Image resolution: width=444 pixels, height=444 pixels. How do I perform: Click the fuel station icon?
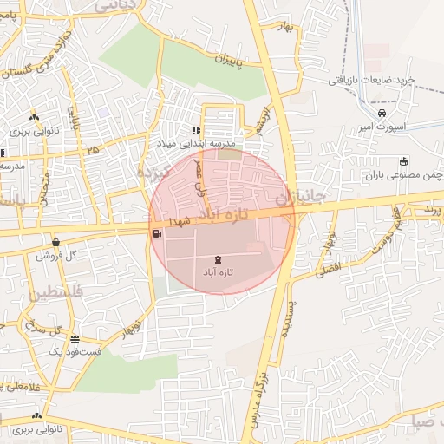pos(156,232)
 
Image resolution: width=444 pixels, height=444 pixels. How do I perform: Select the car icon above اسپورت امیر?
pos(382,113)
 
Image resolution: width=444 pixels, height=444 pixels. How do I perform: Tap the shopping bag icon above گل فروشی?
pos(56,243)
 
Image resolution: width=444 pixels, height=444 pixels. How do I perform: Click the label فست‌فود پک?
pos(75,352)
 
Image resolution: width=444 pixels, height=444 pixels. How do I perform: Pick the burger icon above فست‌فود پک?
pos(75,339)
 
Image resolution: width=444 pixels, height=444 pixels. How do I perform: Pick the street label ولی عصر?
pos(202,172)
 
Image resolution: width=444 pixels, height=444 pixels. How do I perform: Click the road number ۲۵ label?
pos(92,151)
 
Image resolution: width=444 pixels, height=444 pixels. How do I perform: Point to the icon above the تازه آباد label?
pos(217,260)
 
